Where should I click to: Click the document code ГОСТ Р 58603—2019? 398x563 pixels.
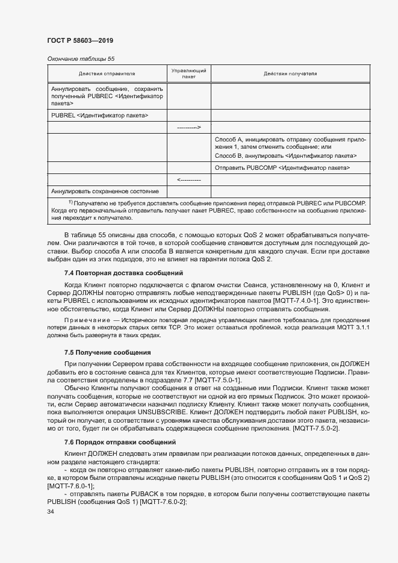79,40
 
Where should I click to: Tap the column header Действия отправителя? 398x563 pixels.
107,74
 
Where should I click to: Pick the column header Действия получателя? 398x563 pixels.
290,74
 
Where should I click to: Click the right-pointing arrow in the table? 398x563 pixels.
188,127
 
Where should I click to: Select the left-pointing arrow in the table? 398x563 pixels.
188,180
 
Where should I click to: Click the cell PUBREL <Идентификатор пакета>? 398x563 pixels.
100,114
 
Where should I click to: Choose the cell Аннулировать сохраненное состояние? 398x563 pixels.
105,191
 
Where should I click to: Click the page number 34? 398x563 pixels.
50,512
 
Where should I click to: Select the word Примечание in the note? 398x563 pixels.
87,319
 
